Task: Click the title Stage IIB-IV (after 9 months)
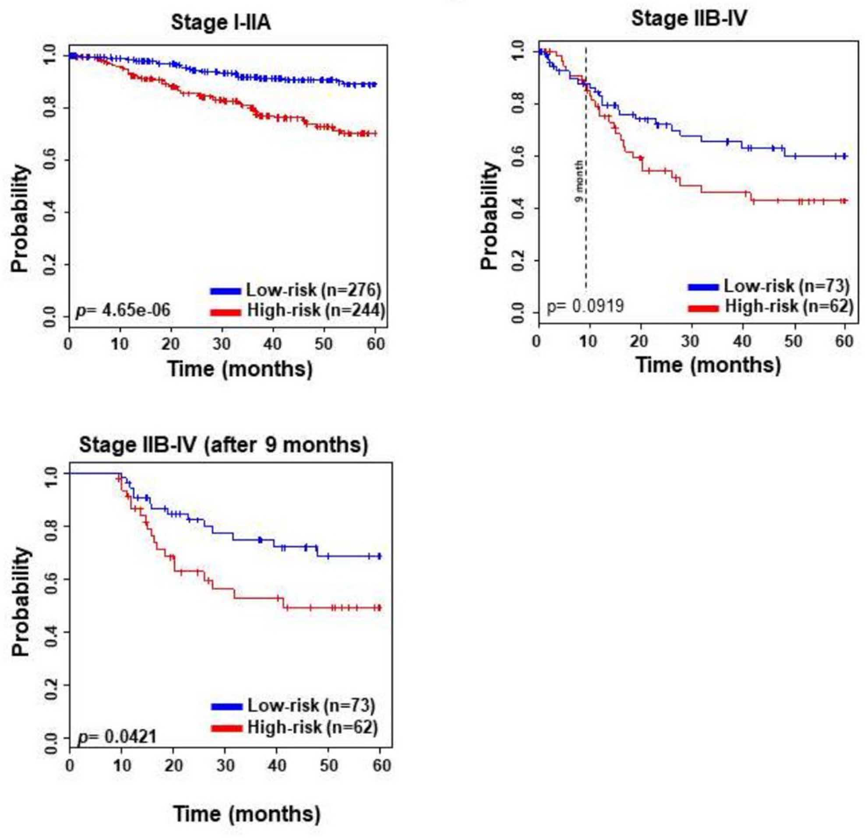tap(224, 445)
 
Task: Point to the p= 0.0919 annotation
tap(585, 306)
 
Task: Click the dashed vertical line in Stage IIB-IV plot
tap(586, 169)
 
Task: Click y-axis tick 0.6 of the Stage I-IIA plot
tap(50, 160)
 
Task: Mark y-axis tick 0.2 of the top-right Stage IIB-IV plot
tap(520, 260)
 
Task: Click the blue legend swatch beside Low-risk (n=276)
tap(226, 291)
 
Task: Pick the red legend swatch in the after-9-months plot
tap(227, 728)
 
